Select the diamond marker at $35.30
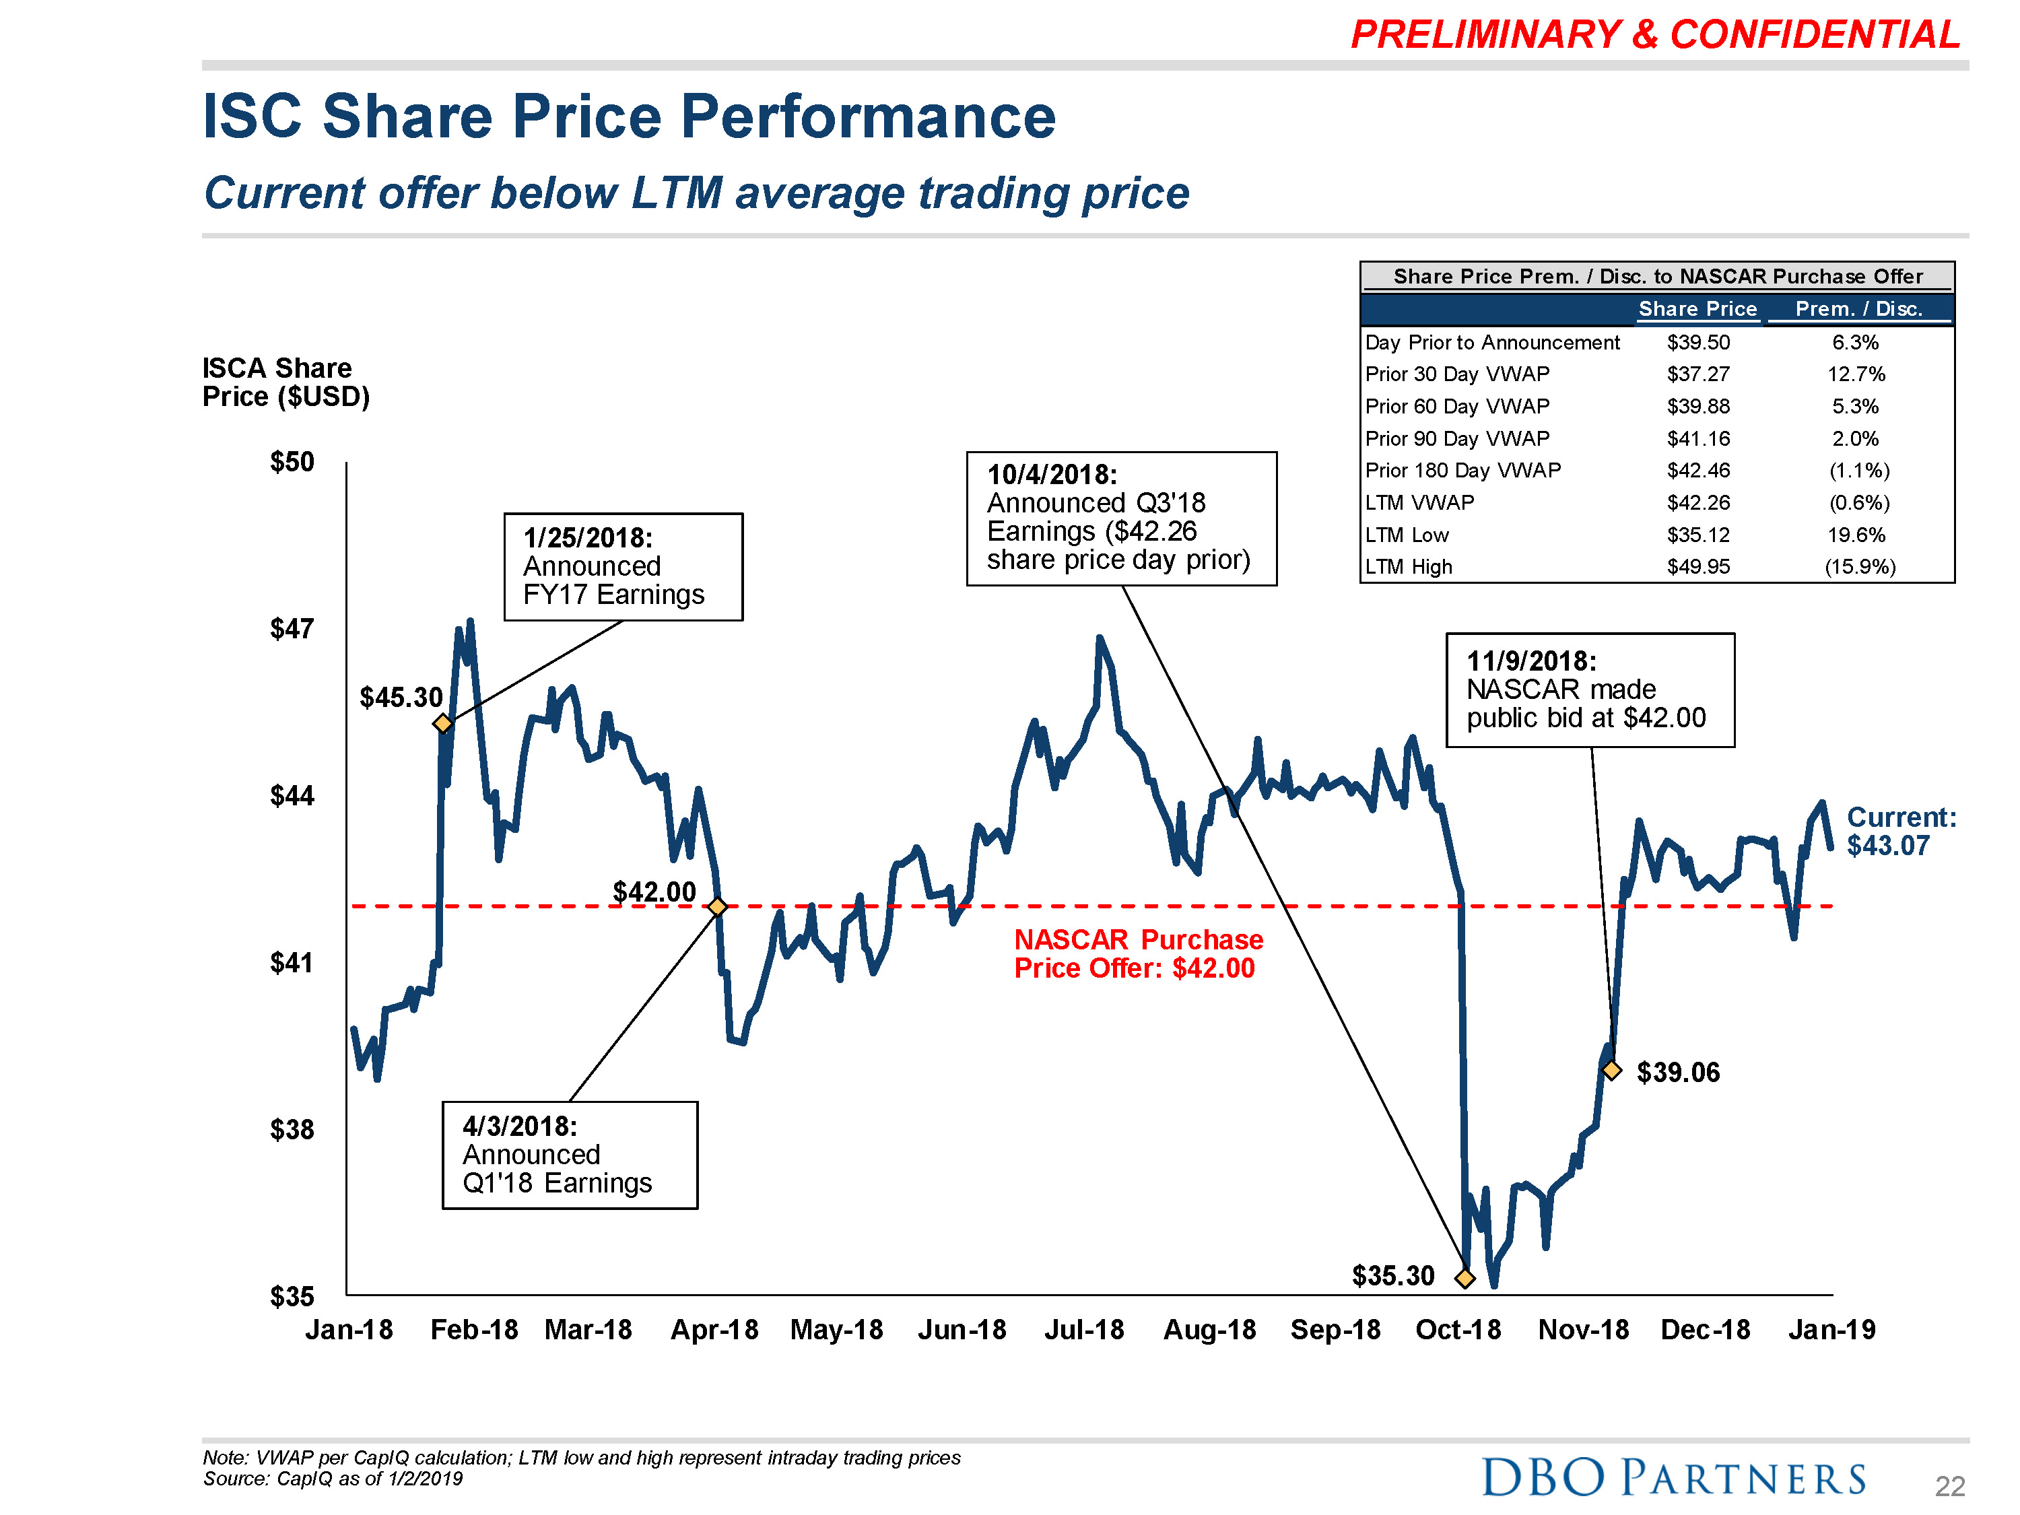tap(1464, 1277)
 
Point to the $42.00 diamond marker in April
tap(718, 906)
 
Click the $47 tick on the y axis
tap(292, 628)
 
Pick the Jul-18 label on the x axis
tap(1084, 1330)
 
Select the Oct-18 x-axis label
tap(1458, 1330)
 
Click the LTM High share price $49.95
tap(1697, 566)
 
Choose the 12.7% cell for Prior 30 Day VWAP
tap(1856, 374)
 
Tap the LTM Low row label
tap(1407, 535)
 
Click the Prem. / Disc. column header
tap(1858, 308)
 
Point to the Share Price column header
tap(1697, 308)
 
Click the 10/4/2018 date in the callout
tap(1052, 475)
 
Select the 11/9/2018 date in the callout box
tap(1531, 661)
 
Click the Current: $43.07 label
tap(1900, 831)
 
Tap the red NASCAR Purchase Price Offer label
tap(1138, 953)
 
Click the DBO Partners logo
tap(1673, 1477)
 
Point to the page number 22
tap(1950, 1487)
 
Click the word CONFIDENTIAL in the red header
tap(1815, 35)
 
